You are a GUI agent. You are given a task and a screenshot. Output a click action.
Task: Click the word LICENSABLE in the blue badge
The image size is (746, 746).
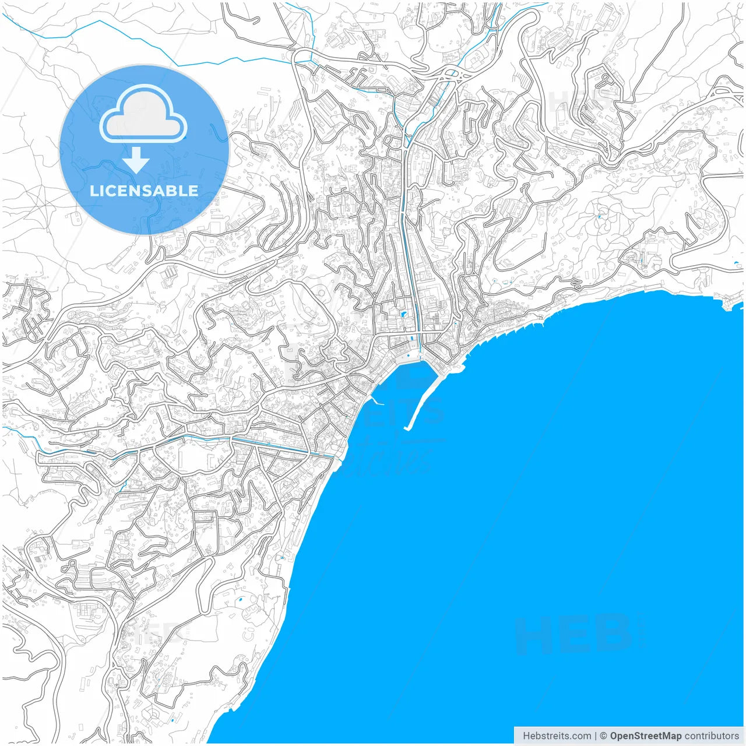(144, 191)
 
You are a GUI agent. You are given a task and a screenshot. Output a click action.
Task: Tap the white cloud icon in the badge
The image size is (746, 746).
(143, 116)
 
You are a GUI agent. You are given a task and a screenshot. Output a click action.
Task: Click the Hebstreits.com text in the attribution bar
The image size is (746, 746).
(557, 736)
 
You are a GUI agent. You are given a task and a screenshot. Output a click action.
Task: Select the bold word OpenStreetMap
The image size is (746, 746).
(645, 736)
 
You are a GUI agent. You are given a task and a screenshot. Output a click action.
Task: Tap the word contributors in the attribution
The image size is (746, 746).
(712, 736)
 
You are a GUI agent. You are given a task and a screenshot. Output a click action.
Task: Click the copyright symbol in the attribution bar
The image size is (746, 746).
(604, 736)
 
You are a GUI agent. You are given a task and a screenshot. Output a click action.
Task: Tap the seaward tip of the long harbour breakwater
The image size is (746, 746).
(407, 429)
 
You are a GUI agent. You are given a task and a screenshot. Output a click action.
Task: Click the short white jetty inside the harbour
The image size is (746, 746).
(378, 402)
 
